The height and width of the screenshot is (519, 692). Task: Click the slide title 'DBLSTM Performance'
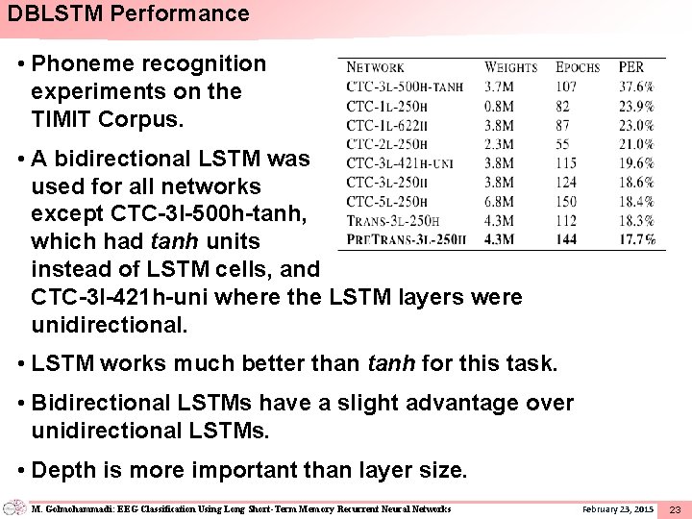(x=128, y=13)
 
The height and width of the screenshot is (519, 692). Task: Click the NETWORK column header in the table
(x=375, y=67)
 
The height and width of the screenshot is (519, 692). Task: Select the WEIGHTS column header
(x=510, y=67)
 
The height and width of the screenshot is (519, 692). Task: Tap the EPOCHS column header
(x=578, y=67)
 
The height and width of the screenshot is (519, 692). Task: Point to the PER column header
(x=631, y=67)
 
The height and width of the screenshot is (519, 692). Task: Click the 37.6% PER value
(x=636, y=86)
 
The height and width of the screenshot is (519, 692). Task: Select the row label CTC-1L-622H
(x=386, y=125)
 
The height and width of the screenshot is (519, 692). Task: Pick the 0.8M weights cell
(x=499, y=106)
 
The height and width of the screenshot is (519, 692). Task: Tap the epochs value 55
(x=563, y=144)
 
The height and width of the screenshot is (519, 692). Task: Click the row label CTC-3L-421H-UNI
(x=401, y=163)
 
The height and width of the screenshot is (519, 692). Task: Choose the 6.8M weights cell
(x=499, y=202)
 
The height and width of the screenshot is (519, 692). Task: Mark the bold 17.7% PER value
(x=637, y=239)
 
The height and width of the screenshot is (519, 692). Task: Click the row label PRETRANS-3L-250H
(x=406, y=239)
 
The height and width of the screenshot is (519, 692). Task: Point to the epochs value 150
(x=566, y=202)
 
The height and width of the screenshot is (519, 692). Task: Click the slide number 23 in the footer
(x=675, y=508)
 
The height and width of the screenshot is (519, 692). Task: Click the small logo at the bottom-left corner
(x=14, y=507)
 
